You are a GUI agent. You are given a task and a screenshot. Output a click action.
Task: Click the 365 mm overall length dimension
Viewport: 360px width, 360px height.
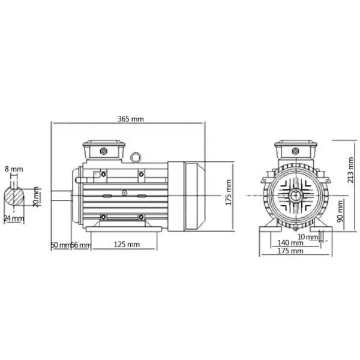tap(131, 119)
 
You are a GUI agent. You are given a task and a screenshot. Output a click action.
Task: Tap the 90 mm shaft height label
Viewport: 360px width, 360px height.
tap(340, 211)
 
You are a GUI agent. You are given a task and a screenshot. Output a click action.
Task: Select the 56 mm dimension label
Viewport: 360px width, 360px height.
tap(81, 245)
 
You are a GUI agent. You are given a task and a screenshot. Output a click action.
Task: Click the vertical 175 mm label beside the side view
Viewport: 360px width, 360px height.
tap(227, 193)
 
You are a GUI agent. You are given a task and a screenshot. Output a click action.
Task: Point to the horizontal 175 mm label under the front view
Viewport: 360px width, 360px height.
tap(290, 251)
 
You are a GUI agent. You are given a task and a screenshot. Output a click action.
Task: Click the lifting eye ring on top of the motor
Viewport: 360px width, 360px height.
tap(136, 157)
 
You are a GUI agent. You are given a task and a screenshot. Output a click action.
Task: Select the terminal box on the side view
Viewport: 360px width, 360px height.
tap(104, 149)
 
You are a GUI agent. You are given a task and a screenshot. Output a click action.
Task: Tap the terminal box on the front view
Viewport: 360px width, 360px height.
tap(296, 150)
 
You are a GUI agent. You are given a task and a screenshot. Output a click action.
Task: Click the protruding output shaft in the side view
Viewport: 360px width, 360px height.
tap(62, 195)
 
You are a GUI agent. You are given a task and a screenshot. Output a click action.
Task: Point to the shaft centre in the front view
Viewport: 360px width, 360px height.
tap(296, 195)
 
